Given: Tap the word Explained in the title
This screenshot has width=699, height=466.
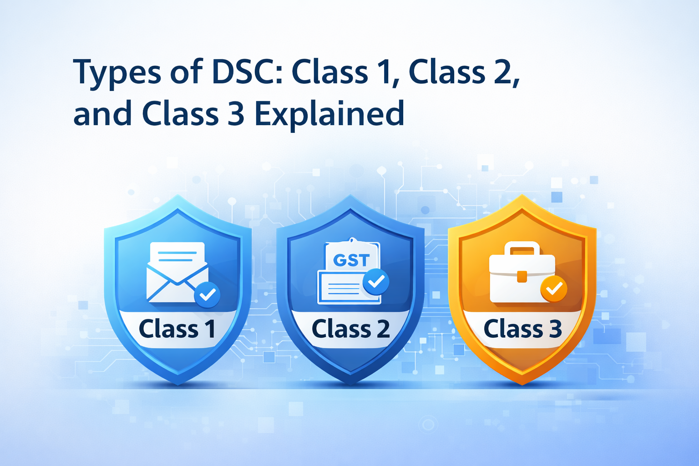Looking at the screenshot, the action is click(329, 113).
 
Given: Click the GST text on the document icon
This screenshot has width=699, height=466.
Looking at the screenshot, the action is click(351, 260).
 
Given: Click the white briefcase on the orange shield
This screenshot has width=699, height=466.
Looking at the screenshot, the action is click(522, 272).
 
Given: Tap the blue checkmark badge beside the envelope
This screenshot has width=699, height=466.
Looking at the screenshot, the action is click(207, 294).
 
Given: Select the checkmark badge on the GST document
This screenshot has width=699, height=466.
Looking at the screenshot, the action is click(376, 282).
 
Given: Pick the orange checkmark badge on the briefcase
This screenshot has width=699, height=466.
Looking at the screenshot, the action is click(554, 289).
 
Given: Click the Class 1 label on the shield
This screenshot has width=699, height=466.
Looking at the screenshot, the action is click(177, 329).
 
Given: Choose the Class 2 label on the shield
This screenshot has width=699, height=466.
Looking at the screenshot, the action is click(351, 329).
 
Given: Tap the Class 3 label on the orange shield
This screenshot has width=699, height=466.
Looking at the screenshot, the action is click(523, 329).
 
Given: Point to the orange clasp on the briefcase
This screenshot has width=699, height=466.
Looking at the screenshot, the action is click(522, 277).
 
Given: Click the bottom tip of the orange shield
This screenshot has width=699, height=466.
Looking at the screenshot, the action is click(522, 385).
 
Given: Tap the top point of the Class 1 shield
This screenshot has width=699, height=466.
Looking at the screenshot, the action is click(178, 195).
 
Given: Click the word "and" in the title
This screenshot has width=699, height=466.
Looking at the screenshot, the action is click(102, 113).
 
